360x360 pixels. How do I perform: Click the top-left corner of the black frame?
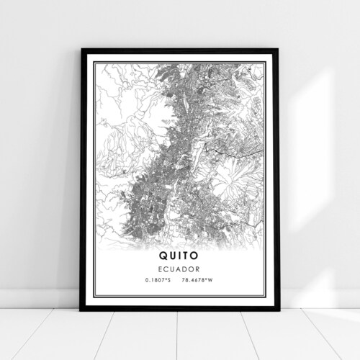(x=82, y=50)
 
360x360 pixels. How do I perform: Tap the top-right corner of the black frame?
(x=277, y=50)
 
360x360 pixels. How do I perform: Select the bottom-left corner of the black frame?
(x=81, y=309)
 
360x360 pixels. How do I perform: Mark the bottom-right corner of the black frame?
(x=278, y=309)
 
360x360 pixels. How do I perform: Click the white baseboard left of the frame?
(x=40, y=299)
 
